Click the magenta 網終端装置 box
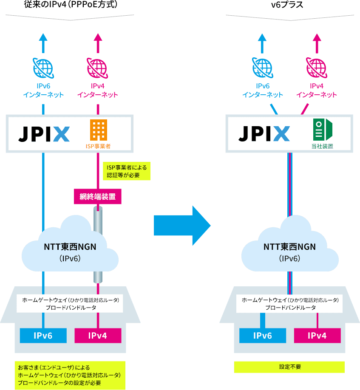[98, 197]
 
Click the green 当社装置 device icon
[322, 130]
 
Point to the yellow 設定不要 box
[289, 367]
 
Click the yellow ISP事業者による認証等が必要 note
[126, 171]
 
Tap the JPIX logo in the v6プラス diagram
[264, 133]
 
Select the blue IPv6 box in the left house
[43, 336]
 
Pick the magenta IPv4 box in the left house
[98, 336]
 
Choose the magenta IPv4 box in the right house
[317, 336]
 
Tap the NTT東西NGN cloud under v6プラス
[289, 251]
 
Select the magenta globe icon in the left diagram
[98, 67]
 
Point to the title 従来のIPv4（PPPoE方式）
[70, 5]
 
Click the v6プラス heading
[290, 5]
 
